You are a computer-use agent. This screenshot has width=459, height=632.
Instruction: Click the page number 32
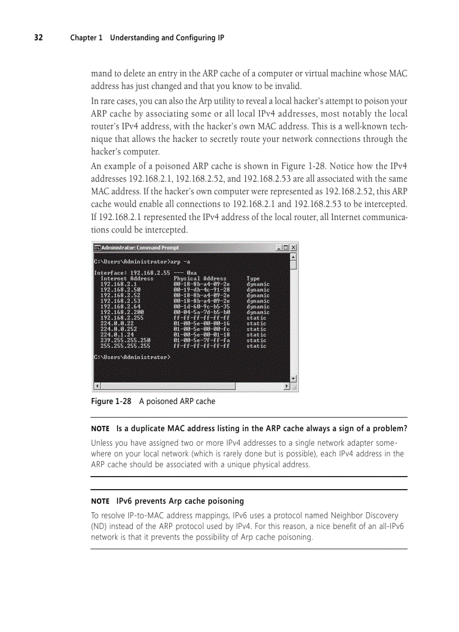click(x=38, y=38)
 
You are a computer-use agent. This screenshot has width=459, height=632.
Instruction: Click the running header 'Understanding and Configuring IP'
click(x=166, y=38)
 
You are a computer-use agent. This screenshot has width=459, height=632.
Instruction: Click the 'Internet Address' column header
click(x=127, y=279)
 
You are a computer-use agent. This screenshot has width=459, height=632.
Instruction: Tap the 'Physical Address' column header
click(x=200, y=279)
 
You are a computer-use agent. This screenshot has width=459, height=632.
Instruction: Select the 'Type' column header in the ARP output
click(x=253, y=279)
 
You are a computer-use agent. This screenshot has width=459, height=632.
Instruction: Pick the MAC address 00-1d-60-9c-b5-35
click(x=201, y=307)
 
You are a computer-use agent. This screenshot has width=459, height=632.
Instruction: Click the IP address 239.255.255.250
click(x=125, y=340)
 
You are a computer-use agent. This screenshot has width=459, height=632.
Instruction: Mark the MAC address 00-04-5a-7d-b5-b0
click(x=201, y=312)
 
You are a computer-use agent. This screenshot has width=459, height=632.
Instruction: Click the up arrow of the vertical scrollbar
click(x=293, y=257)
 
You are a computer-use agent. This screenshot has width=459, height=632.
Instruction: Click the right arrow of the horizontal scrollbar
click(x=287, y=387)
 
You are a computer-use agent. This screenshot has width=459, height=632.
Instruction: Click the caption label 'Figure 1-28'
click(x=111, y=401)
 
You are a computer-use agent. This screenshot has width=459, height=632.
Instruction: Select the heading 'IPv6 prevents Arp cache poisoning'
click(x=180, y=501)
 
